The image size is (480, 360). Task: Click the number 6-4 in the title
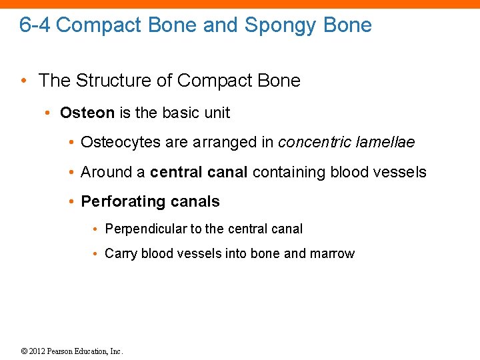[x=35, y=25]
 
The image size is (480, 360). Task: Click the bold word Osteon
[x=87, y=113]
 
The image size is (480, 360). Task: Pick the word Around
[x=106, y=172]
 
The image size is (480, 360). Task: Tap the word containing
[x=287, y=172]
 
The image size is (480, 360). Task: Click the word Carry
[x=121, y=253]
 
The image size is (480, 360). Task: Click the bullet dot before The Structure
[x=24, y=81]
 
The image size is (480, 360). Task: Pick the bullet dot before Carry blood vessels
[x=97, y=254]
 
